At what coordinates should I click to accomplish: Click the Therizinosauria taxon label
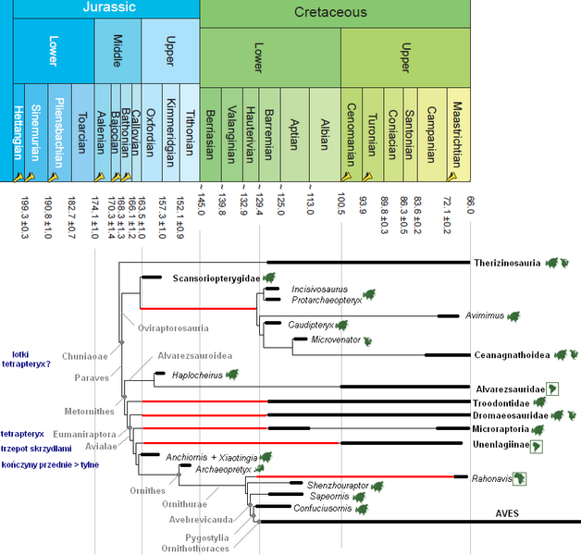[x=508, y=264]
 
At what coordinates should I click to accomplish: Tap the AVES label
[x=507, y=513]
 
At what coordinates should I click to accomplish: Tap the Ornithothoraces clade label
[x=202, y=547]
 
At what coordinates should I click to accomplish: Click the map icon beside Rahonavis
[x=522, y=478]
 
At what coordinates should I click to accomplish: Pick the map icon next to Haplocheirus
[x=231, y=375]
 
